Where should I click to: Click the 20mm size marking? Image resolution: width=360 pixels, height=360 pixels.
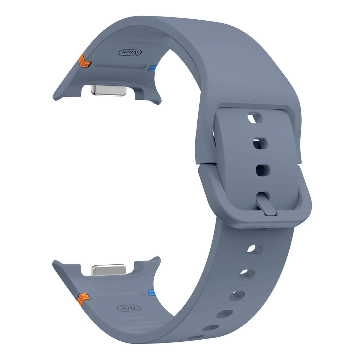(x=130, y=53)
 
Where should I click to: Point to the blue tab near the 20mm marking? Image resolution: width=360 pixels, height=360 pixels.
(x=153, y=68)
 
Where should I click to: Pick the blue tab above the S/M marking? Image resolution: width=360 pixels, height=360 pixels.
(x=151, y=292)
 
